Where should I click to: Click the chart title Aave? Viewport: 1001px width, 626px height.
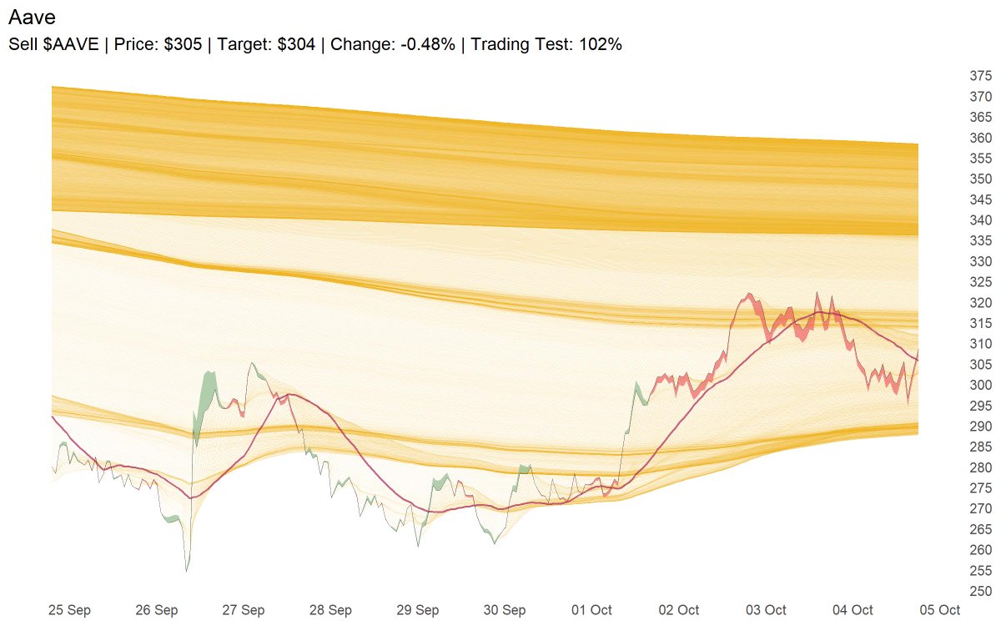[32, 17]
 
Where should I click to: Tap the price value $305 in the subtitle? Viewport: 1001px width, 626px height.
[183, 44]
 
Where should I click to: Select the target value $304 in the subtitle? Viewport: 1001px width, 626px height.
[296, 44]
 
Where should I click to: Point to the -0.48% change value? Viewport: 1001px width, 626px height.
[428, 44]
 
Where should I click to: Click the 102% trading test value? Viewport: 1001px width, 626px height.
[603, 44]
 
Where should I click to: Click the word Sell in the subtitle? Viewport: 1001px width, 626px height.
[23, 44]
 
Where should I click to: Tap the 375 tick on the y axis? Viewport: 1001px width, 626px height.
[980, 76]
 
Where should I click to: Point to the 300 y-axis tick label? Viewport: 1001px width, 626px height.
[980, 386]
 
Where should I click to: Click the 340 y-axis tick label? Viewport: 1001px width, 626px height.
[980, 220]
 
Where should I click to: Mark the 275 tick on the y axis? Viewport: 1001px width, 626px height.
[980, 488]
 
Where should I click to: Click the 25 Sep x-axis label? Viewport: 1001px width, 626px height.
[69, 610]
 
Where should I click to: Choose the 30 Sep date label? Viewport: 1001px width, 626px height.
[505, 610]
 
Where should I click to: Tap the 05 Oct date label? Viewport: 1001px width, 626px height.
[939, 610]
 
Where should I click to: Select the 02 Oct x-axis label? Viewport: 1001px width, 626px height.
[678, 610]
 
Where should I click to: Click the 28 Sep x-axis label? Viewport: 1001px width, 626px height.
[330, 610]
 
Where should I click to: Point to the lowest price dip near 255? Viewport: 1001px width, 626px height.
[187, 569]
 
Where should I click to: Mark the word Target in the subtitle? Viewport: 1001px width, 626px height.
[240, 44]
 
